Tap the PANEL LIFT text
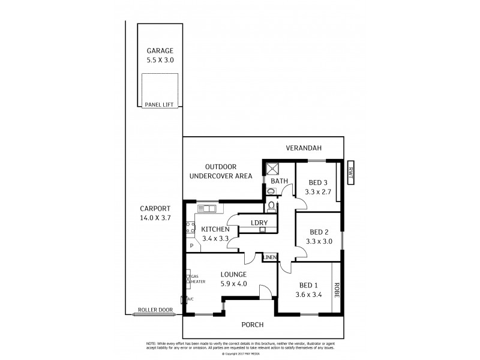pos(160,105)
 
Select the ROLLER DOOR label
pos(155,310)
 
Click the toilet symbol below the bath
pos(271,206)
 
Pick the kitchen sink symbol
pos(207,209)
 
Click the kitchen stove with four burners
pos(191,227)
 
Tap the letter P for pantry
pos(191,245)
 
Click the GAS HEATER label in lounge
pos(198,279)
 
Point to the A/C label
pos(190,299)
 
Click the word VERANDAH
pos(304,148)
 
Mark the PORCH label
pos(253,325)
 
